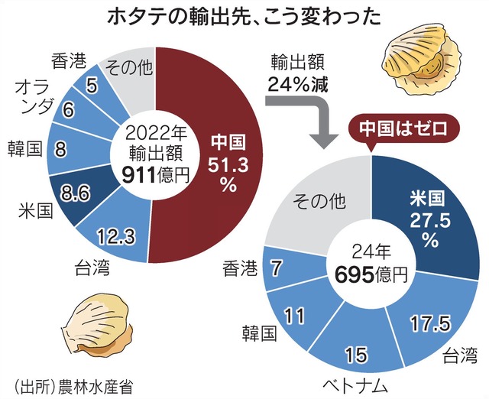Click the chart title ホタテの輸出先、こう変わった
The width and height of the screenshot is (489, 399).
tap(245, 15)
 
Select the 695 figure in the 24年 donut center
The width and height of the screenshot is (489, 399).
tap(347, 276)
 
